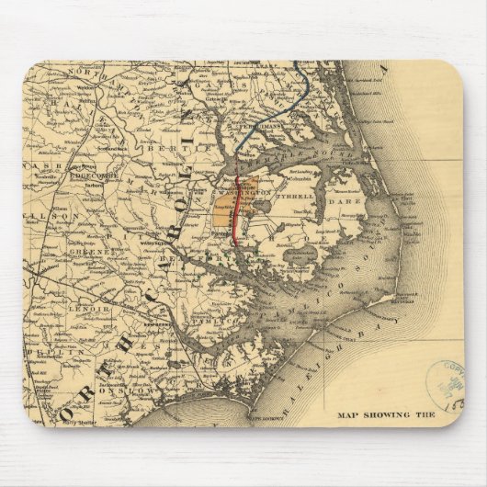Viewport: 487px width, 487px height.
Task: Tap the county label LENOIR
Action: [89, 310]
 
